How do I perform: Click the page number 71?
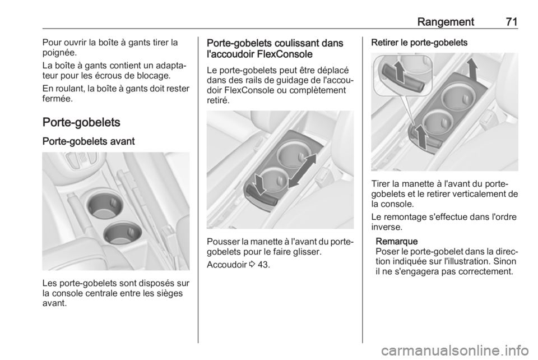coord(511,22)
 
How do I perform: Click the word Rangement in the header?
coord(446,22)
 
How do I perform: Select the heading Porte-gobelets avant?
coord(89,141)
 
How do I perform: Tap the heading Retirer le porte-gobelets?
coord(419,43)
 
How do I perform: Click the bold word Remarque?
coord(397,241)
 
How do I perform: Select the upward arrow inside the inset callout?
coord(398,73)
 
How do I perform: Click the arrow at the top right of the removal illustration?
coord(472,68)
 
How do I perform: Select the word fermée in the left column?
coord(56,99)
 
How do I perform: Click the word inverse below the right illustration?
coord(386,227)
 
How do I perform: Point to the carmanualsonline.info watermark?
coord(453,350)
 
